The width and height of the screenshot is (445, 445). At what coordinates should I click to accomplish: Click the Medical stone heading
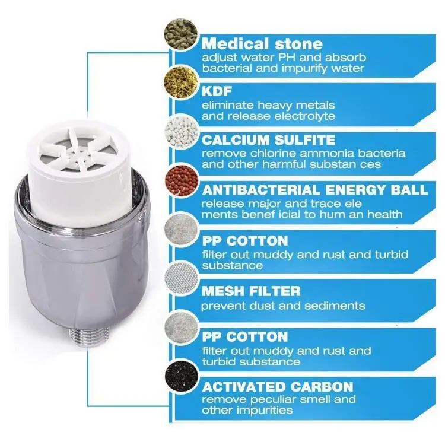point(262,43)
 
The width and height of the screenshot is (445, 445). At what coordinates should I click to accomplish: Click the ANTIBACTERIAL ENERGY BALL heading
point(315,190)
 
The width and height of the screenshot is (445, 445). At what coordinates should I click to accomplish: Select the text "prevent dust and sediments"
point(283,306)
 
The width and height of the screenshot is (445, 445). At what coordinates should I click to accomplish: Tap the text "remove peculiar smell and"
point(279,399)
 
